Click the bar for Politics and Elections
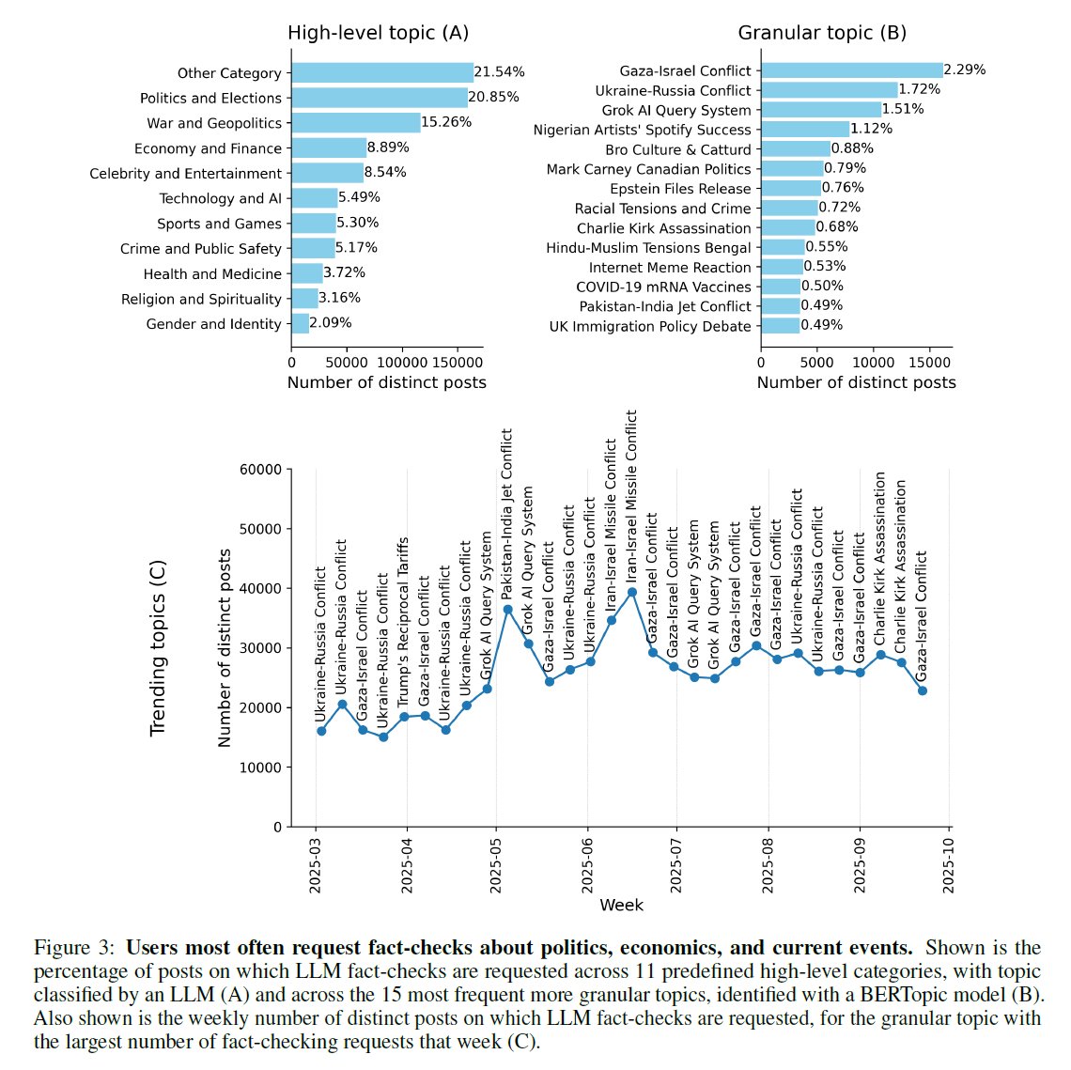[380, 98]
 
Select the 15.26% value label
[446, 122]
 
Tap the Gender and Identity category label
[213, 324]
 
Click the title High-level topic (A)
[378, 33]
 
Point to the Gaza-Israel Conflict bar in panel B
[851, 70]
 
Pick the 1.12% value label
[872, 129]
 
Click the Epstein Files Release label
[680, 189]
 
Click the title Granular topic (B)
[822, 33]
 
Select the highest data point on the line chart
[632, 592]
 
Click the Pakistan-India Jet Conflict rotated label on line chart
[507, 515]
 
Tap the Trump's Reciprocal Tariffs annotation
[403, 622]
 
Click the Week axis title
[621, 905]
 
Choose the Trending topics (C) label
[158, 648]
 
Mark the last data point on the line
[923, 690]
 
